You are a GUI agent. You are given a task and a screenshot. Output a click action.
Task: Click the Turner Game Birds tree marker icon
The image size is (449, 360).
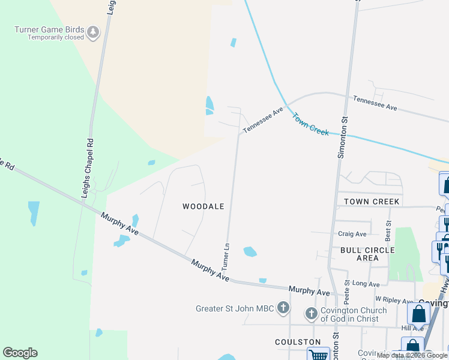click(93, 32)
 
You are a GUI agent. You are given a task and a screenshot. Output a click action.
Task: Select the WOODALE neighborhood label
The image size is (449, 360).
click(203, 206)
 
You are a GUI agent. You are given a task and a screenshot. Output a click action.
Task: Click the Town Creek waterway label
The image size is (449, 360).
click(310, 124)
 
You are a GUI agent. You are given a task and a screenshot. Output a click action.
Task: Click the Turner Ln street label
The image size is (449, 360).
click(226, 256)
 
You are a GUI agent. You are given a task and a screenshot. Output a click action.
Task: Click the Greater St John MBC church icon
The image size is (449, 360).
click(283, 308)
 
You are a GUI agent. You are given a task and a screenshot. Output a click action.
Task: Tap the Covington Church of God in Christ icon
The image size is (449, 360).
click(312, 313)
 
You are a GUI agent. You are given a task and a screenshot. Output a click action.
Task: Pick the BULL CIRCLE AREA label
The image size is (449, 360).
click(367, 254)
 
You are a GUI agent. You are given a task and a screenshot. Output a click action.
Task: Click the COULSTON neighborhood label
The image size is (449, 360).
click(298, 342)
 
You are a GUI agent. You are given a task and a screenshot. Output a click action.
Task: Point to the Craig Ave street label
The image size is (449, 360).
click(352, 234)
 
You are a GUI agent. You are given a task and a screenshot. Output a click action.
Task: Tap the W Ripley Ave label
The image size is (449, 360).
click(394, 301)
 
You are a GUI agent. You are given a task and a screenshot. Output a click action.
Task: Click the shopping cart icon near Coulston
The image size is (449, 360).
click(319, 355)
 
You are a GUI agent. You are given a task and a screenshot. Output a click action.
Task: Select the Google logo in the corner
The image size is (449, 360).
click(20, 353)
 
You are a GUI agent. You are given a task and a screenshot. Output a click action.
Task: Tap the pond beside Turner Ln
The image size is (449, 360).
click(250, 252)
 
